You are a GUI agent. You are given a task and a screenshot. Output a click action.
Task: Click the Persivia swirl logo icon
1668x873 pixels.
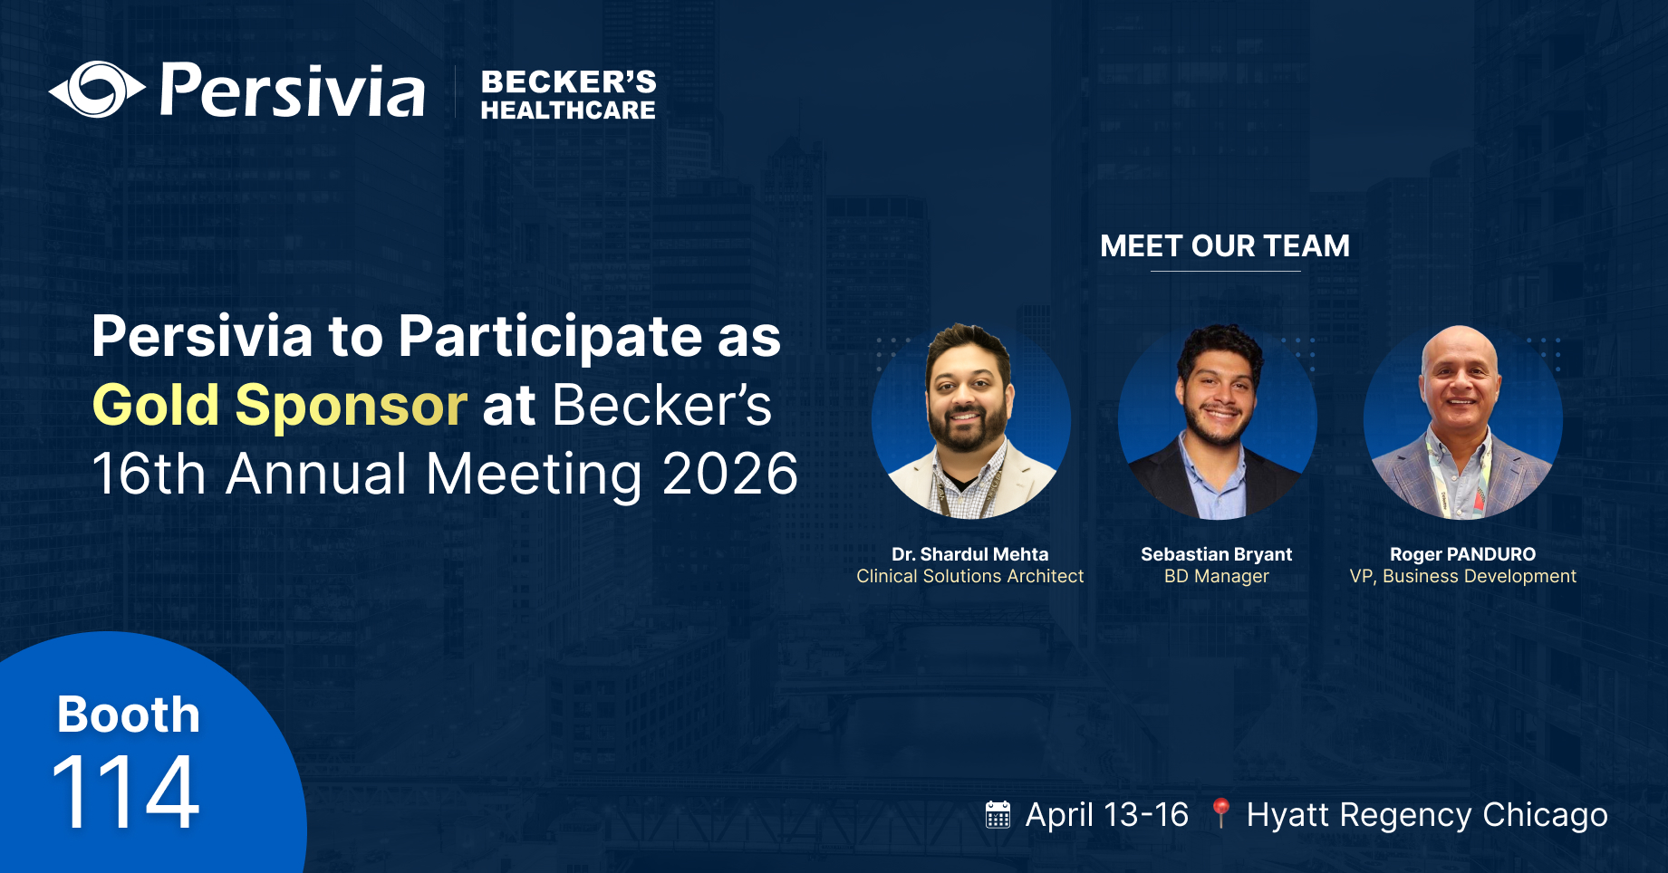97,90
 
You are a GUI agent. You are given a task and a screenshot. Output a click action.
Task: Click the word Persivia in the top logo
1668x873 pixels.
292,91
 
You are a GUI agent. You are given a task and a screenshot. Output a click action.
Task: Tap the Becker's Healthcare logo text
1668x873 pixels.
568,95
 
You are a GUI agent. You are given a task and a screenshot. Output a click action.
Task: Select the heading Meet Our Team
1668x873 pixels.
1224,246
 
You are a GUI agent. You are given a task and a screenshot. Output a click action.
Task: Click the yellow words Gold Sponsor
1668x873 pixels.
279,405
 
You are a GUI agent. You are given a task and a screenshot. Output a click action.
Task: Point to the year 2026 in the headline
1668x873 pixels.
729,474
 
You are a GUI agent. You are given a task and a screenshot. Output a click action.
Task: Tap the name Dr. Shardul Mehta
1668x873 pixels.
969,554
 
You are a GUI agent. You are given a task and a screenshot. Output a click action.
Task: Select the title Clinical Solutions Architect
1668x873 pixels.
969,577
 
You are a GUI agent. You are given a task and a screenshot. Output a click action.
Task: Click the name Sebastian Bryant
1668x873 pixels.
1216,554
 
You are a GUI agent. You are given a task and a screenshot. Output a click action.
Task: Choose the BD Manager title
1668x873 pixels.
1216,577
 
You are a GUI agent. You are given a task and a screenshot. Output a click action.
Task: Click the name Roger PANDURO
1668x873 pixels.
1462,554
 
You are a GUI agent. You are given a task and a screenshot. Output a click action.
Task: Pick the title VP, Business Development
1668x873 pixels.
1462,577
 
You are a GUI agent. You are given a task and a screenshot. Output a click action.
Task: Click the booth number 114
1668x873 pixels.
126,793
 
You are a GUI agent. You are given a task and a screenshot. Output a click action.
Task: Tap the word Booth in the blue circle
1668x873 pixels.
128,715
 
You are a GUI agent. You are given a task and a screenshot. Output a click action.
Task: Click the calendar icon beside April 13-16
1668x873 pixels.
998,815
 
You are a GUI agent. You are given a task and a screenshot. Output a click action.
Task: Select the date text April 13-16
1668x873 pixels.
1106,815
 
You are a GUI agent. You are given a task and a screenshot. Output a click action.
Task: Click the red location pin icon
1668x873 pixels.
1220,812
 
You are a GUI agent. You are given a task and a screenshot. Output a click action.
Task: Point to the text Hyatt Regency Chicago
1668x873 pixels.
1427,815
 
